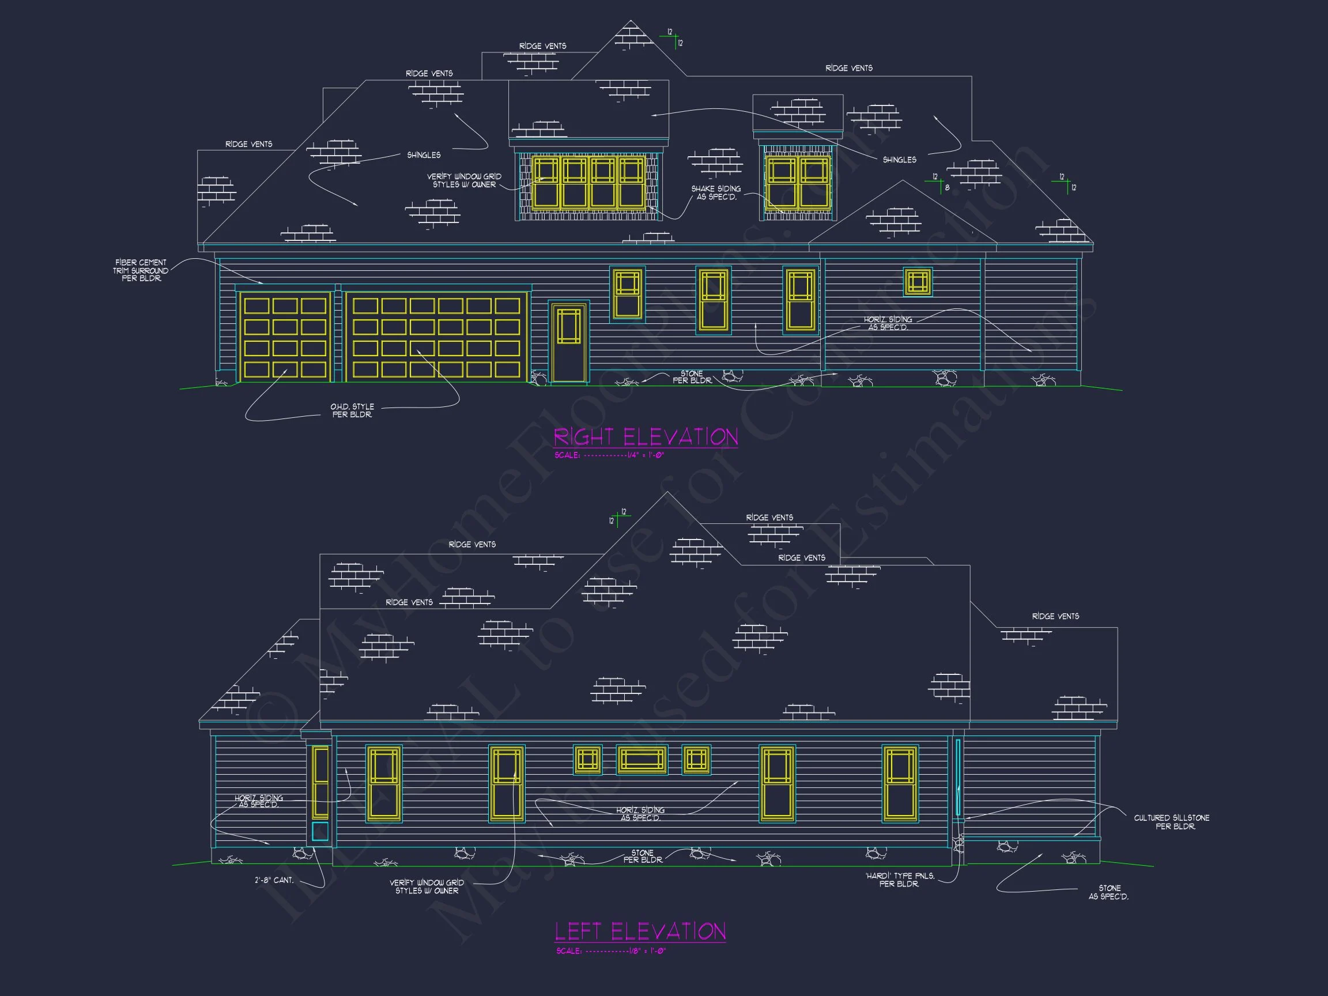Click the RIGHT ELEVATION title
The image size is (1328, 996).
pos(646,436)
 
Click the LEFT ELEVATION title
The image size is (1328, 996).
pos(640,931)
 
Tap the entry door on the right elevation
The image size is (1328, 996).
pos(568,343)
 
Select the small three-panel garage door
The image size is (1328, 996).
pos(285,338)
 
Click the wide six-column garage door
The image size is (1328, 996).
pos(436,338)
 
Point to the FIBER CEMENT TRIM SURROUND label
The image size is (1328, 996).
pos(141,270)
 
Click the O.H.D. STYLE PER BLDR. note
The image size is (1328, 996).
pos(352,410)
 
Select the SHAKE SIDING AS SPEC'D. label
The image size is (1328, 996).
pos(716,193)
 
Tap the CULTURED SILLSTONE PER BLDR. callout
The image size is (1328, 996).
pos(1171,822)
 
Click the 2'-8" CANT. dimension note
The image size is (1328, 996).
pos(274,880)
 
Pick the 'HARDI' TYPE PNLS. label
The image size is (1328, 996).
pos(899,880)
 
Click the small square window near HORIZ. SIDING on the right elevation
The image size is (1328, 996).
pos(918,282)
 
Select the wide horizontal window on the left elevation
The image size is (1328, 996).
pos(642,760)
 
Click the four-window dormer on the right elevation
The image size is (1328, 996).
pos(588,183)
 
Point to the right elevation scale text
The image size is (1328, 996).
pos(609,455)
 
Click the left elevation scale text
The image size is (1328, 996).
pos(610,951)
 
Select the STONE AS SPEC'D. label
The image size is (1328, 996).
pos(1108,892)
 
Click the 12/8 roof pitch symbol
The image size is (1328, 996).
pos(940,183)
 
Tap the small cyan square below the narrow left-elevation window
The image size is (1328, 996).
pos(320,832)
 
